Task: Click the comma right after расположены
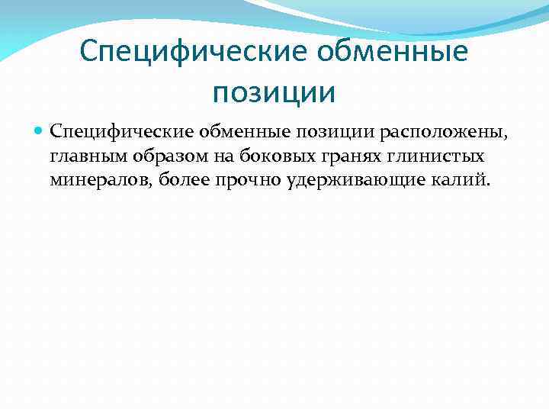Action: pyautogui.click(x=503, y=137)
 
